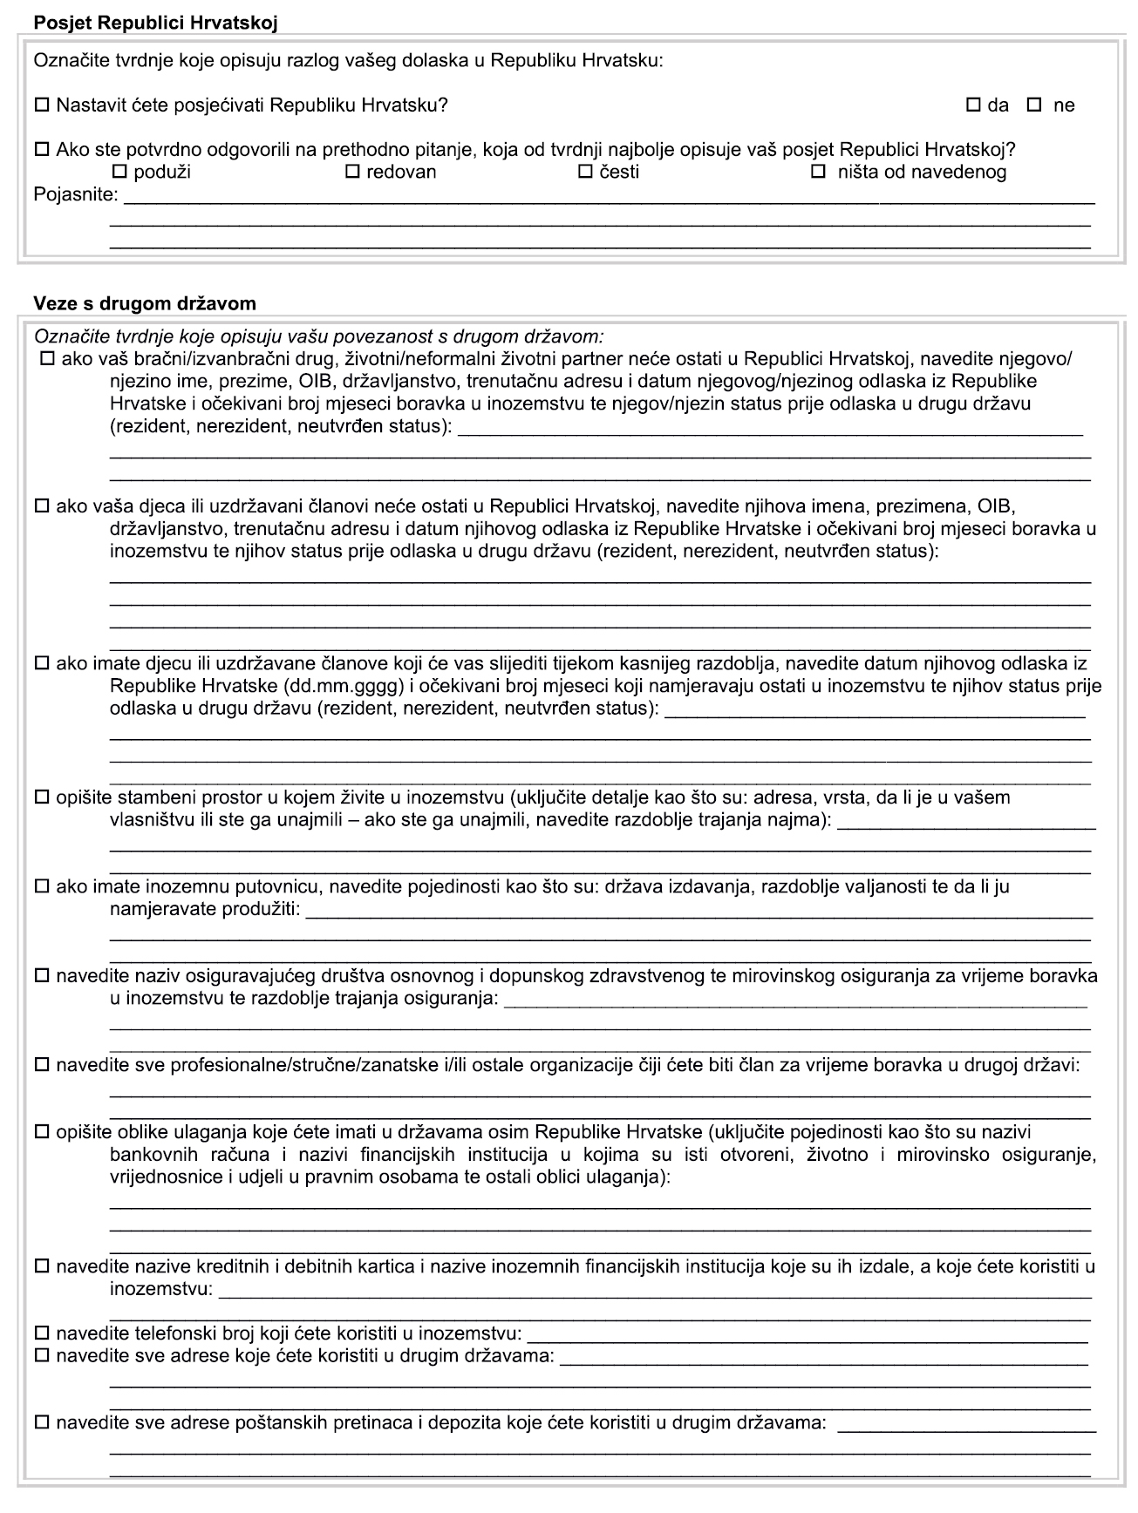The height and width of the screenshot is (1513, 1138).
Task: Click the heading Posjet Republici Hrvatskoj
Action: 155,24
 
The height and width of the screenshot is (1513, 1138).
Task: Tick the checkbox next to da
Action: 974,105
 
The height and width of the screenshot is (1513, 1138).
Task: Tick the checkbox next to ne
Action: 1035,105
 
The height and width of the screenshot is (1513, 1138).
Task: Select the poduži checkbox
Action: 120,172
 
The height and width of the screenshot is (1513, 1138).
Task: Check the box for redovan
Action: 353,172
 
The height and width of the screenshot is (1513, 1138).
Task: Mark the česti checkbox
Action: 586,172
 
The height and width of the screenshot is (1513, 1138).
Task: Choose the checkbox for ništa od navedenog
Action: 819,172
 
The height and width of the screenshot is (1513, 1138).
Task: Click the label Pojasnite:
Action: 76,193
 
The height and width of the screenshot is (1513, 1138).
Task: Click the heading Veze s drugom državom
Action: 145,303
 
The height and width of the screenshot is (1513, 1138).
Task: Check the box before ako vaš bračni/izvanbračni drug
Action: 48,359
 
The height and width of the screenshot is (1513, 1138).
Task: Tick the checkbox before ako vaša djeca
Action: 41,505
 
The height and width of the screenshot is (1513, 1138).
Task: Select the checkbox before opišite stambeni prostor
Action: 41,797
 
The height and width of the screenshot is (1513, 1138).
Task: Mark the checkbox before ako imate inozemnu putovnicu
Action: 41,887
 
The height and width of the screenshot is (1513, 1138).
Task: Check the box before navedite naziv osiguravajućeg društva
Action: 41,976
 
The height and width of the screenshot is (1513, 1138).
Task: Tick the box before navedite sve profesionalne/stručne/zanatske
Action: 41,1065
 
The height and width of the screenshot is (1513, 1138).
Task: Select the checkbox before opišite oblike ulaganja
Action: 41,1132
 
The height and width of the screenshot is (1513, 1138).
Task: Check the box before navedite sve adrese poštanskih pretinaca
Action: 41,1423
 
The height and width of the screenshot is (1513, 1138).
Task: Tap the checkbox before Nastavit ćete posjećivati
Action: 41,105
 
